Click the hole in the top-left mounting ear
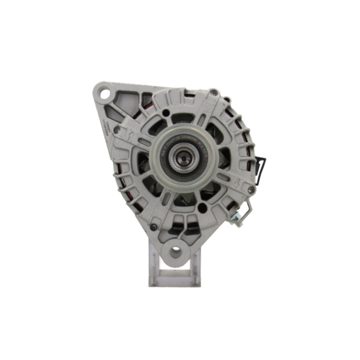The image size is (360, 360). (108, 94)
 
